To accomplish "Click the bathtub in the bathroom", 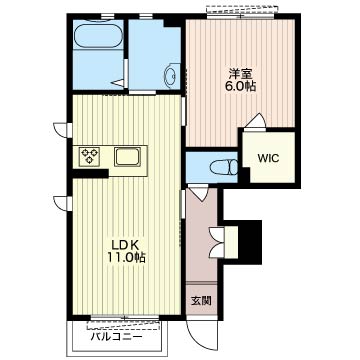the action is pyautogui.click(x=98, y=35).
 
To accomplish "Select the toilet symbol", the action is pyautogui.click(x=224, y=167).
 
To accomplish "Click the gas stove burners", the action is pyautogui.click(x=90, y=156).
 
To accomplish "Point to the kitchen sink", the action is pyautogui.click(x=127, y=156).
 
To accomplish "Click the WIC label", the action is pyautogui.click(x=268, y=158).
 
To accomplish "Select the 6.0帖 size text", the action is pyautogui.click(x=240, y=86).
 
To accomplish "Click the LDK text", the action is pyautogui.click(x=124, y=246).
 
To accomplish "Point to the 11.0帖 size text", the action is pyautogui.click(x=126, y=258).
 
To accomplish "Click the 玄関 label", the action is pyautogui.click(x=201, y=302).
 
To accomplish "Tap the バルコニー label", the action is pyautogui.click(x=116, y=337).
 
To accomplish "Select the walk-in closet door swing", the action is pyautogui.click(x=257, y=121).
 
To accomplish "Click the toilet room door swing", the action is pyautogui.click(x=199, y=193).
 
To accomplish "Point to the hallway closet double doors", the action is pyautogui.click(x=217, y=242).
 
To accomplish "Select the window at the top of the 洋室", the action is pyautogui.click(x=240, y=13).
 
